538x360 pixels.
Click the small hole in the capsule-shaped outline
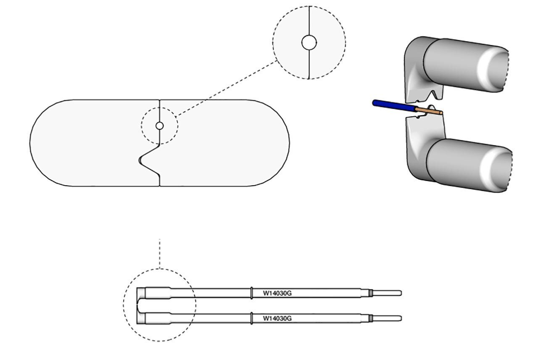click(x=159, y=126)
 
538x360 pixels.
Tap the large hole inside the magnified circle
click(x=309, y=42)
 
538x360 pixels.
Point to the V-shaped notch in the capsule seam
click(x=145, y=160)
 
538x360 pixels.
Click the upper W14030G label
click(x=277, y=293)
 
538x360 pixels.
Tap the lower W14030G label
click(x=277, y=318)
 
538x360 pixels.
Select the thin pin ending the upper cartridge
click(x=387, y=293)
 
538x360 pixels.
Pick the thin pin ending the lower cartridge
click(x=387, y=318)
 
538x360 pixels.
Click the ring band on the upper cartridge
click(x=251, y=293)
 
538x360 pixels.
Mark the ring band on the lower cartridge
click(x=251, y=318)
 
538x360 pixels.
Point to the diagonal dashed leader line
click(x=227, y=88)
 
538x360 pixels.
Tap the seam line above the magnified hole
click(x=309, y=21)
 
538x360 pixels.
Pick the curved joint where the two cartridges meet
click(x=140, y=305)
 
